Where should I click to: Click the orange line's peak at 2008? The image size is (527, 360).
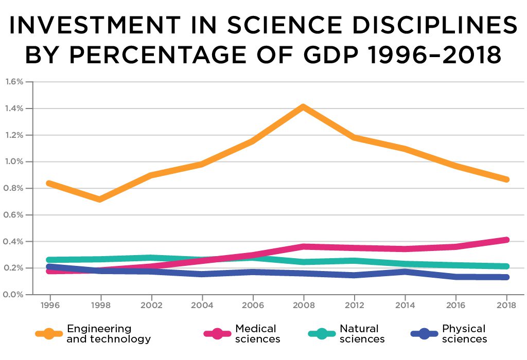[303, 107]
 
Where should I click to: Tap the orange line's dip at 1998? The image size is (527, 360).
[100, 199]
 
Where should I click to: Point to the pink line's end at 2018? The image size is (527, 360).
[506, 240]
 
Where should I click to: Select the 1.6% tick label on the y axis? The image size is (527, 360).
[14, 82]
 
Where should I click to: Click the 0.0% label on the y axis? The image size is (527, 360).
[14, 295]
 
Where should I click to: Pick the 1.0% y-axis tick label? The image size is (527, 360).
[14, 161]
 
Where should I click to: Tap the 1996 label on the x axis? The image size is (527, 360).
[49, 304]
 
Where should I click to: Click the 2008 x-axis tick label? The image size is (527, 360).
[303, 304]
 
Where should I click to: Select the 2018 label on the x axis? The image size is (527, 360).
[506, 304]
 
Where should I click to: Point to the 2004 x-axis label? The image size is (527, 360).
[202, 304]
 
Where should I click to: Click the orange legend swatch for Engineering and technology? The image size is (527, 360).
[49, 334]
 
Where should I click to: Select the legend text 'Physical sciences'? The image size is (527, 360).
[464, 334]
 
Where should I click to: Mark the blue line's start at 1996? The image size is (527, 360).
[49, 267]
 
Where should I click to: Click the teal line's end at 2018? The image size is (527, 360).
[506, 266]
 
